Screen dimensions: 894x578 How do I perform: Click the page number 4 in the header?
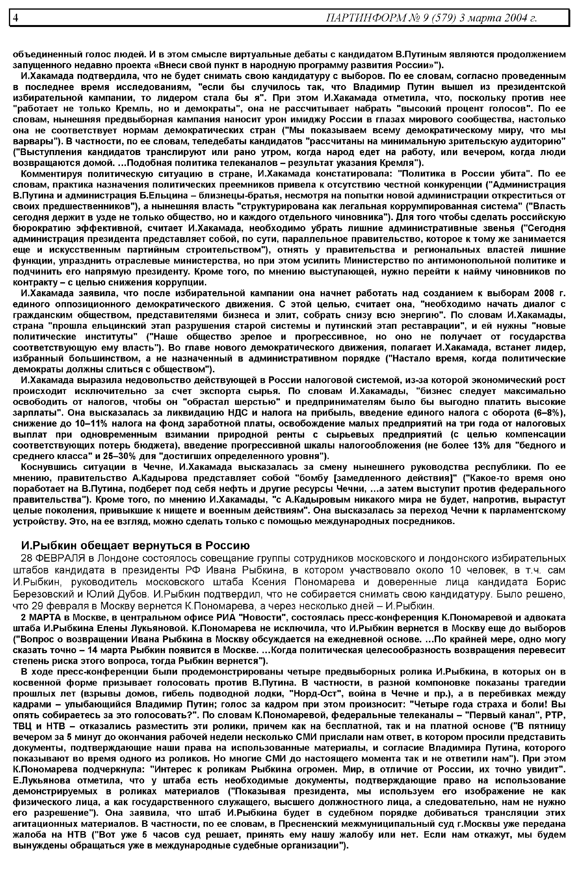16,17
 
